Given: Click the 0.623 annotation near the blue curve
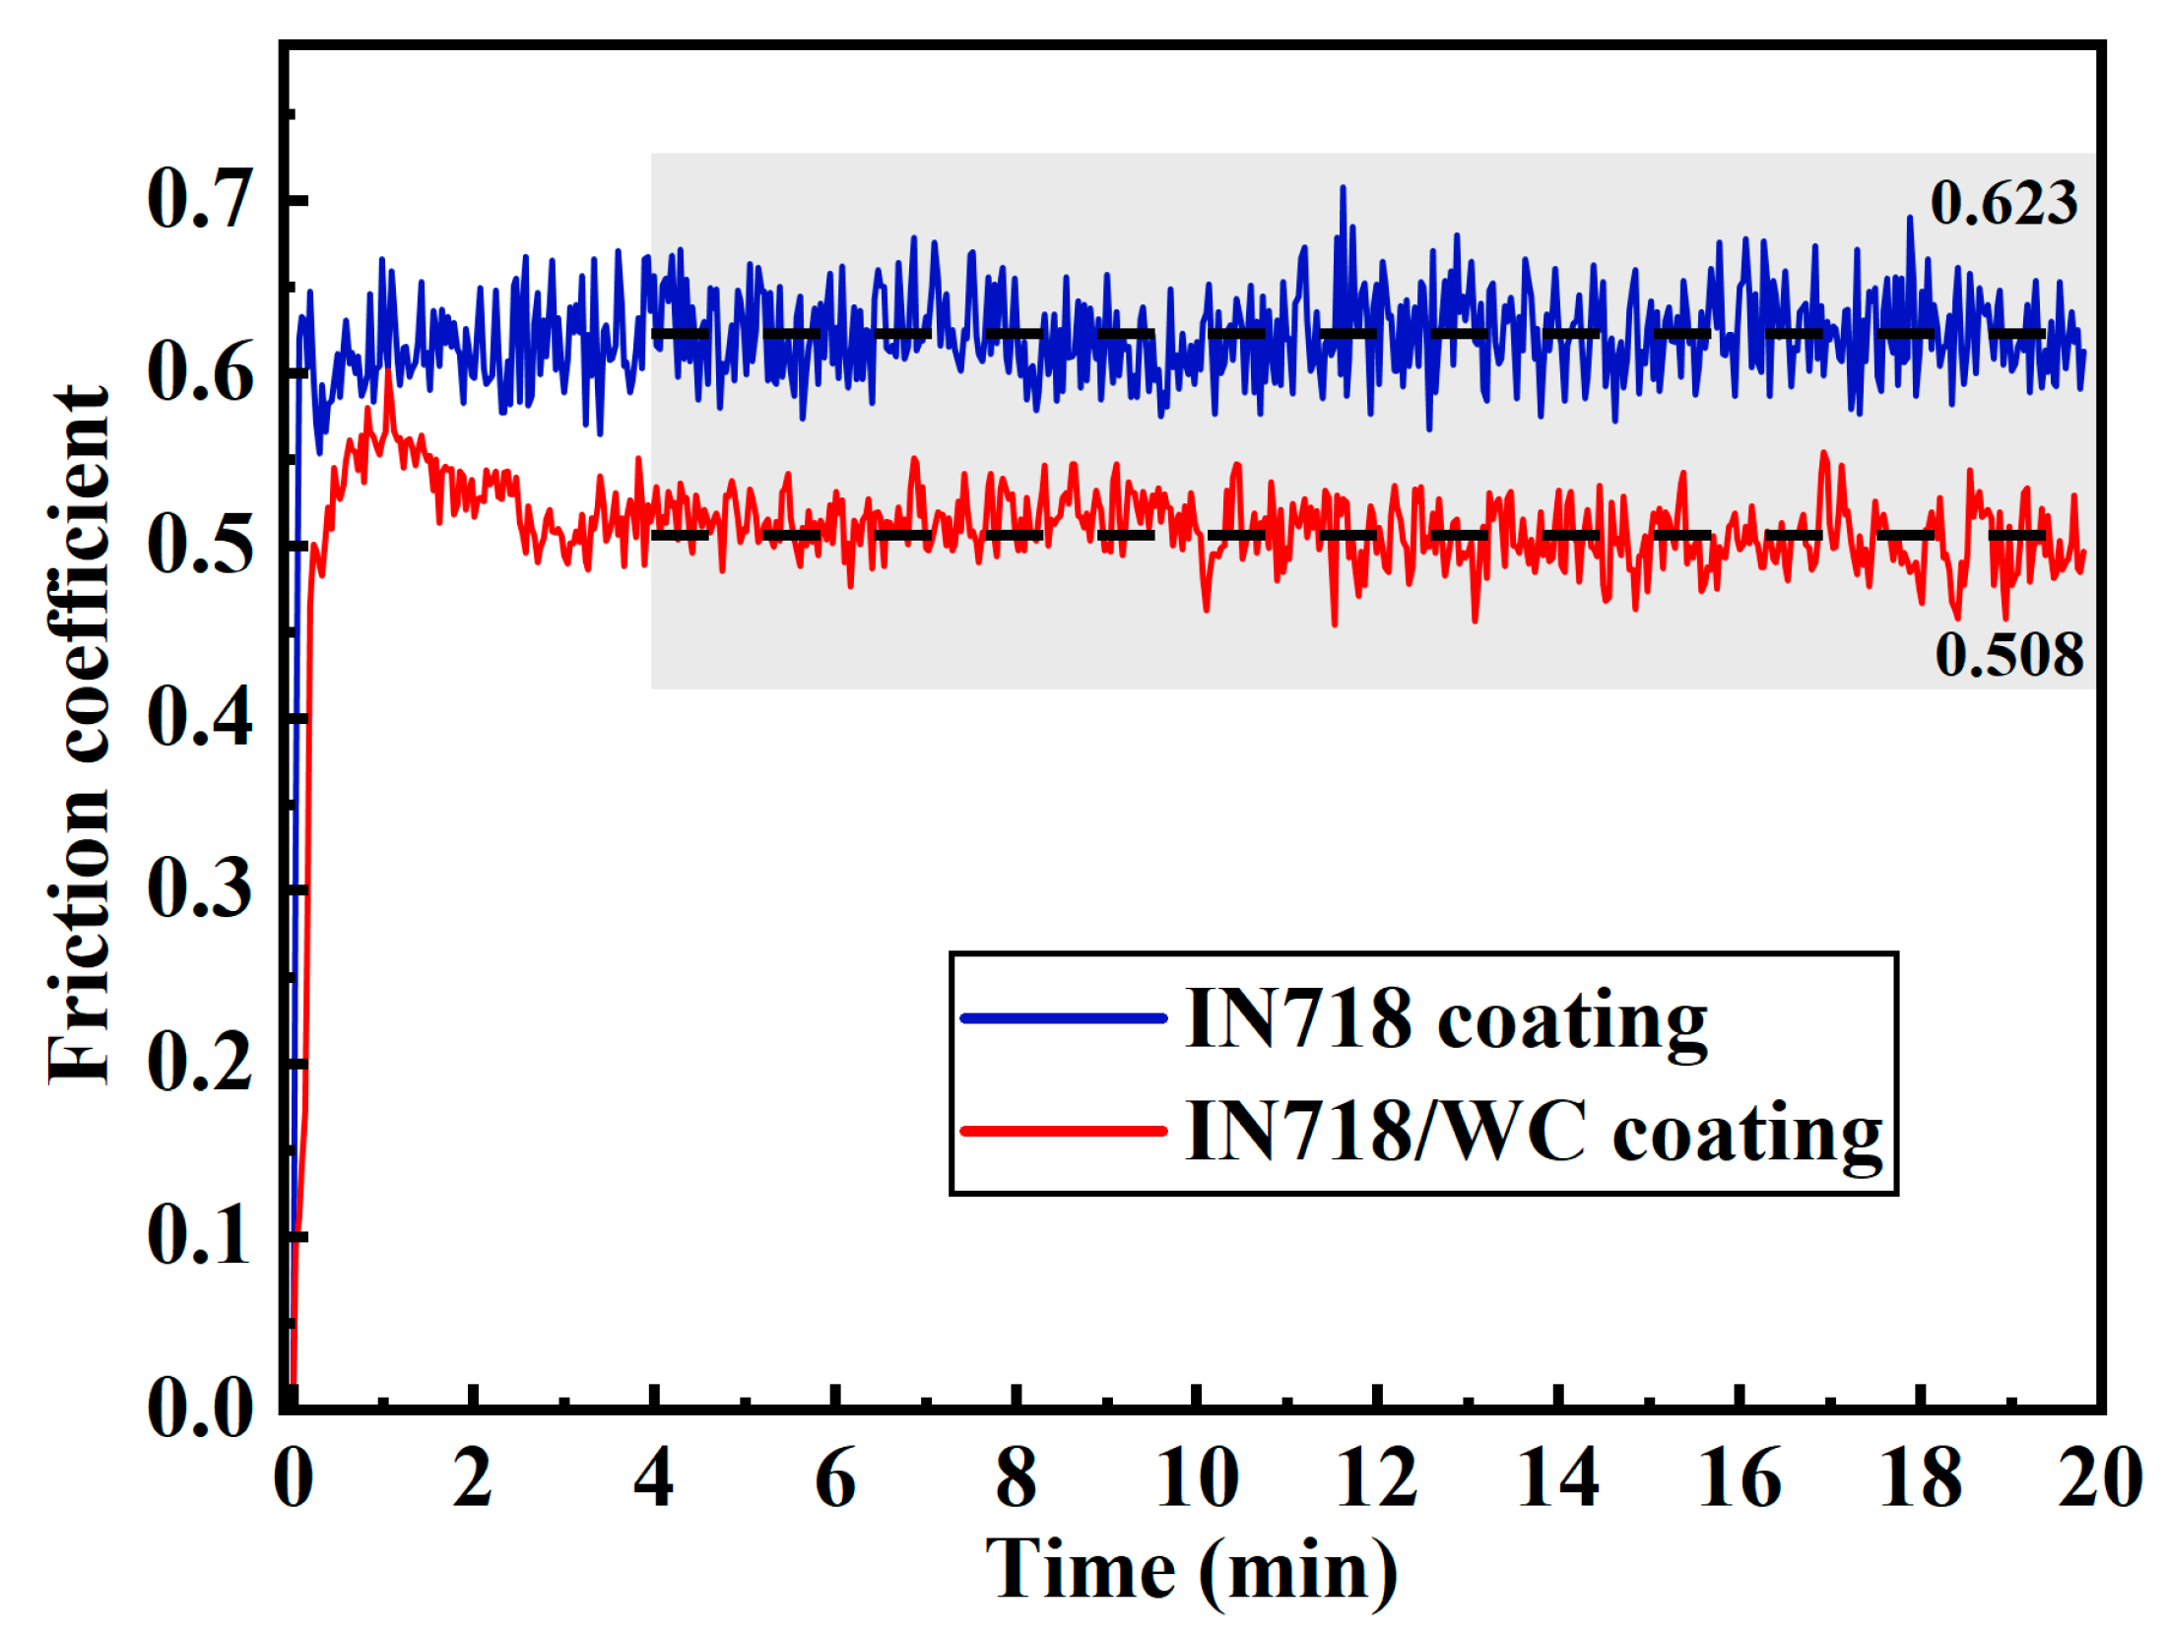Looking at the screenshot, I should (x=2003, y=203).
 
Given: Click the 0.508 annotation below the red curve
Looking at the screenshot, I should (x=2008, y=655).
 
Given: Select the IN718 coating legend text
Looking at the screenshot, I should (x=1445, y=1020).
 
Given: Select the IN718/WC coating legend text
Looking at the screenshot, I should (x=1532, y=1133).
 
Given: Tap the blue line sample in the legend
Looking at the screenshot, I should (x=1063, y=1018).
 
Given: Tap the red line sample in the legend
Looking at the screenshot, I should (x=1063, y=1131).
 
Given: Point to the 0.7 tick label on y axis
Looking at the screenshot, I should (x=200, y=200).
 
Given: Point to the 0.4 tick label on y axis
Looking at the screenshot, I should (x=200, y=718).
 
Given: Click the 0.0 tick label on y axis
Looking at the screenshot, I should (x=200, y=1408).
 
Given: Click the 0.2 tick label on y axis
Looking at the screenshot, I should (x=200, y=1064).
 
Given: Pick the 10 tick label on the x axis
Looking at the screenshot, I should (x=1196, y=1478).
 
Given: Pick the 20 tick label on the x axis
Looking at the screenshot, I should (x=2099, y=1478).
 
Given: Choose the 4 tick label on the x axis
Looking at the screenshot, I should (x=653, y=1478).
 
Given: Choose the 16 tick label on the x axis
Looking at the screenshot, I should (x=1739, y=1478).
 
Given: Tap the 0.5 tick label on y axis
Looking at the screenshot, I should (x=200, y=546).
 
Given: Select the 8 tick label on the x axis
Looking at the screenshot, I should (x=1016, y=1478).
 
